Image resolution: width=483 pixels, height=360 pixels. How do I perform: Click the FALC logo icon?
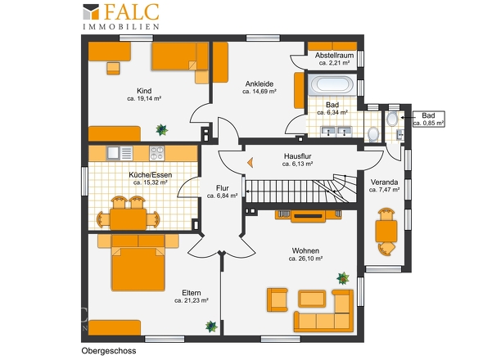91,12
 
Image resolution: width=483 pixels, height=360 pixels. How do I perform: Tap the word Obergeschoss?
109,351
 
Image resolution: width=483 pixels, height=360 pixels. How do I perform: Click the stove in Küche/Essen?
157,153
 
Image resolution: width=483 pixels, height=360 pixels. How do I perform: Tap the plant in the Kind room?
161,129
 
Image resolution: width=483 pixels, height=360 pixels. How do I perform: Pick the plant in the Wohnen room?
343,278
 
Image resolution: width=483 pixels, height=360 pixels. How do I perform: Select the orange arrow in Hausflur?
251,162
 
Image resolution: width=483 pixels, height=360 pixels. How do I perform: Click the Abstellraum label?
334,56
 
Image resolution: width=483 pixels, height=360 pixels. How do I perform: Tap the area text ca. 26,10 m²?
305,259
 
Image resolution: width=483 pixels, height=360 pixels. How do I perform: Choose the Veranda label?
384,182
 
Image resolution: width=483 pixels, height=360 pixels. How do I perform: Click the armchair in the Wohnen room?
278,299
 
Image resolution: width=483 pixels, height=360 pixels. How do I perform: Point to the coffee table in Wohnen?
312,299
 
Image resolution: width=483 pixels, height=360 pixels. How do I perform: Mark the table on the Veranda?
386,232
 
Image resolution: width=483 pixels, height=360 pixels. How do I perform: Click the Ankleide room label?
260,83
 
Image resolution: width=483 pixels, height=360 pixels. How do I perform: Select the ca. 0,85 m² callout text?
428,123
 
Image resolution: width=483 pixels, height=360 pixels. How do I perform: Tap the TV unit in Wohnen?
309,216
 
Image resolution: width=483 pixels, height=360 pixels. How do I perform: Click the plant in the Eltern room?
211,326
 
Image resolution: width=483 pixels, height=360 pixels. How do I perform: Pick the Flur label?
223,188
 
